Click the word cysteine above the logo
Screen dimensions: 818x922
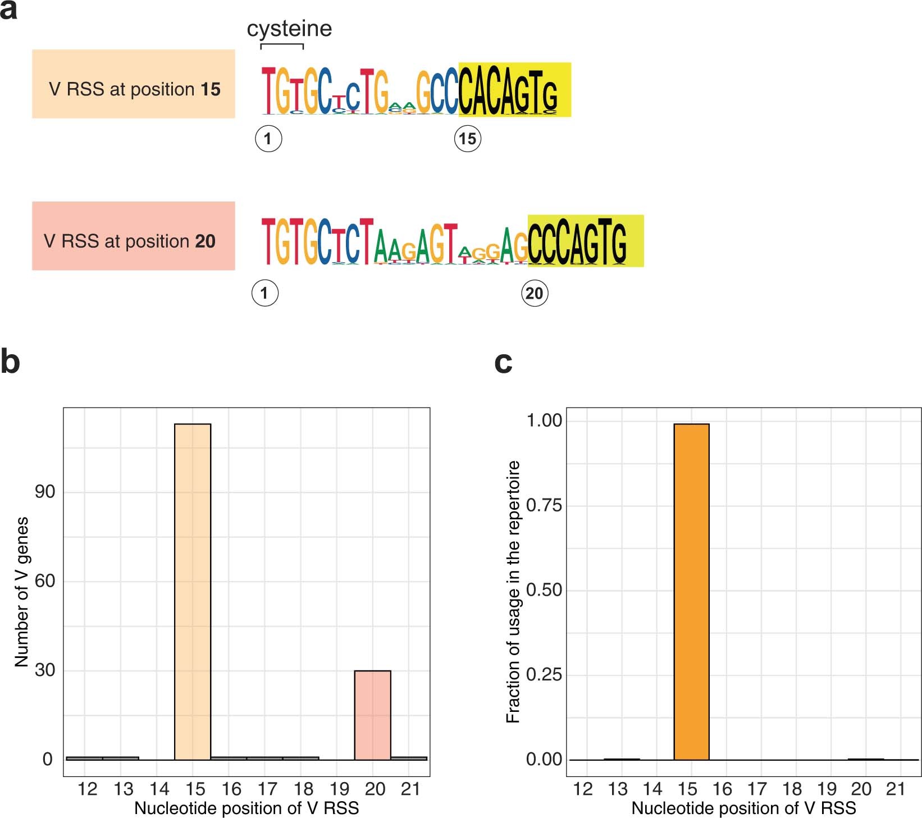pyautogui.click(x=289, y=29)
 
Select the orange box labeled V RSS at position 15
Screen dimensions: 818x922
pyautogui.click(x=134, y=84)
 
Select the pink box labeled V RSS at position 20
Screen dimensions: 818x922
pyautogui.click(x=134, y=236)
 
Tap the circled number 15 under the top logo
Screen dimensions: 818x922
pyautogui.click(x=467, y=139)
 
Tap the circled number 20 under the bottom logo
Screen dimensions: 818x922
pyautogui.click(x=534, y=293)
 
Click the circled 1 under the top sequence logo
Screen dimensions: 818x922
pyautogui.click(x=268, y=139)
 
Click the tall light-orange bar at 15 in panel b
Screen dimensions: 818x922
pyautogui.click(x=193, y=589)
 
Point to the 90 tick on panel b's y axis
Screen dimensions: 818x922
pyautogui.click(x=45, y=492)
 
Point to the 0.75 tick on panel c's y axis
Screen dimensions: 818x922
pyautogui.click(x=544, y=505)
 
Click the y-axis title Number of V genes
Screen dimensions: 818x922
pyautogui.click(x=21, y=592)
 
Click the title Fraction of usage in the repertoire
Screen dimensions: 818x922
pyautogui.click(x=513, y=592)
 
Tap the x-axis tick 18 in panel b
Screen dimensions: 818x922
pyautogui.click(x=303, y=789)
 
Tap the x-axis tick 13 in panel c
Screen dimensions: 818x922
pyautogui.click(x=618, y=789)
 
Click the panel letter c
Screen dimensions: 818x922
pyautogui.click(x=503, y=362)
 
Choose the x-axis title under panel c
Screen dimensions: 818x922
pyautogui.click(x=743, y=808)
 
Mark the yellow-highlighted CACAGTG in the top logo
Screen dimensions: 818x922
pyautogui.click(x=514, y=90)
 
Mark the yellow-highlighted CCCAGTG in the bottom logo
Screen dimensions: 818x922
pyautogui.click(x=585, y=241)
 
